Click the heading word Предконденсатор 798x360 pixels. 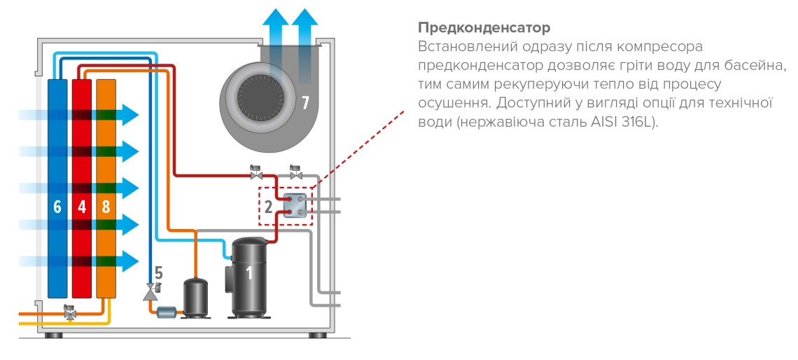[484, 28]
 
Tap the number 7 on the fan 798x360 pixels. [305, 103]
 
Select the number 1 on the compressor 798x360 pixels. [248, 273]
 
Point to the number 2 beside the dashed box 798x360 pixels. [267, 207]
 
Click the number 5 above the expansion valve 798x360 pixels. [158, 272]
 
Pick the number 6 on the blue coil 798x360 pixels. [57, 207]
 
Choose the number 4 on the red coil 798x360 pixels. [81, 207]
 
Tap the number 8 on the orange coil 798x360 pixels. [105, 207]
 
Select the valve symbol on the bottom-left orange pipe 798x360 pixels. [70, 313]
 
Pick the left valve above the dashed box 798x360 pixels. [256, 172]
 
